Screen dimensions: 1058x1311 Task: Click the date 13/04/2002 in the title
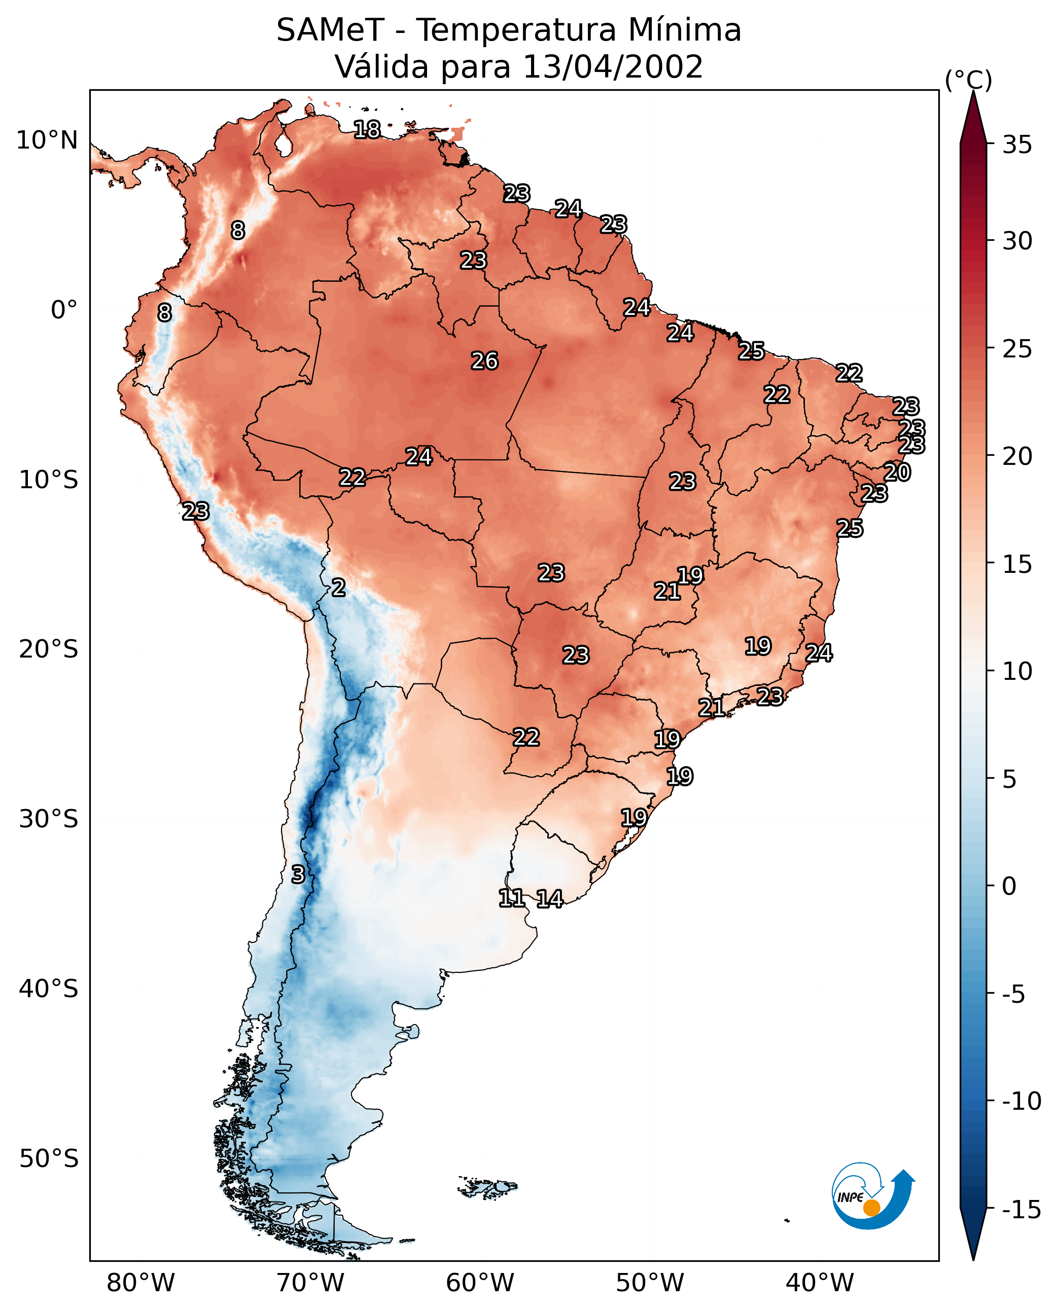613,66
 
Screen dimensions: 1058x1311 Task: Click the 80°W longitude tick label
141,1283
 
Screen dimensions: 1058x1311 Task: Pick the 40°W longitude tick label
820,1283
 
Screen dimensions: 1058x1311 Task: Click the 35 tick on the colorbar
1017,145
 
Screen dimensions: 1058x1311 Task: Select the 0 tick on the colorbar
1009,886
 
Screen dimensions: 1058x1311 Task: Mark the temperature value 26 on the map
485,361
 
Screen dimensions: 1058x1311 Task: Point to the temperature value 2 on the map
338,588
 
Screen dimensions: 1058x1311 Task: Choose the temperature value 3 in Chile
297,875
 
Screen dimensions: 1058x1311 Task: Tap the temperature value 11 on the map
511,898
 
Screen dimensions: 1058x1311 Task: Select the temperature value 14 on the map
550,899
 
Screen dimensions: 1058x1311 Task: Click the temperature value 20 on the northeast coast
897,472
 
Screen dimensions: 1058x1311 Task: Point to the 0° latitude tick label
64,310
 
